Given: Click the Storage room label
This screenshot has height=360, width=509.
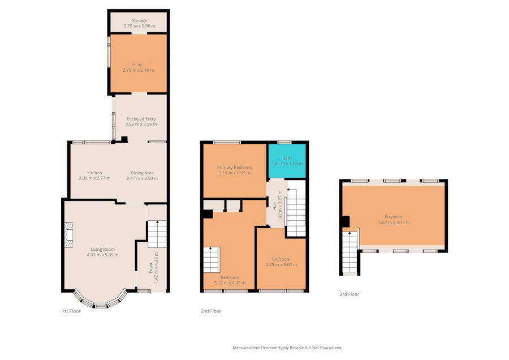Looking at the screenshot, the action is point(139,20).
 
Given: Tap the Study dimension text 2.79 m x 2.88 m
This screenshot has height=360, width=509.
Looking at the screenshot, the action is point(139,70).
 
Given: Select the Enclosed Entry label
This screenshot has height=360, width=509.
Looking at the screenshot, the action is point(141,119).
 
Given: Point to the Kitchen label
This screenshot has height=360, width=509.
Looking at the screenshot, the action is point(94,173).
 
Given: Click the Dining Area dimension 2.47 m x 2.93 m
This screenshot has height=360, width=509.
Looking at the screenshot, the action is point(142,178).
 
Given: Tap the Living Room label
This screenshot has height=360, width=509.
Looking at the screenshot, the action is point(102,250).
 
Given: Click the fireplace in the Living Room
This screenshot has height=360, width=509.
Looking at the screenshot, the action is point(68,235).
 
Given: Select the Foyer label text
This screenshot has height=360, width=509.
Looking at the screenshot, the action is point(150,268).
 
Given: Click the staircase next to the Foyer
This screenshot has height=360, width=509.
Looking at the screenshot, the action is point(157,234).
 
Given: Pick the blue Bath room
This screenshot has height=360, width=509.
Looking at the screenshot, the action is point(287,161).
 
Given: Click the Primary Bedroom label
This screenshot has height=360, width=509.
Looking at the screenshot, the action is point(234,168).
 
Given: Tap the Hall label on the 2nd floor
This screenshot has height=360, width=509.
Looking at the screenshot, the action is point(275,206).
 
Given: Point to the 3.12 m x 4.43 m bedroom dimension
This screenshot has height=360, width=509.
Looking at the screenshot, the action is point(230,283).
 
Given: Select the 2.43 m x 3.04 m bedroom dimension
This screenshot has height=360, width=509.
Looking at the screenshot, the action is point(281,265).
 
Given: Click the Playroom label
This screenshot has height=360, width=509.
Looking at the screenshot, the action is point(393,217).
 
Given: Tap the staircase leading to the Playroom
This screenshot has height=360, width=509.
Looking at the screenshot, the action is point(350,252).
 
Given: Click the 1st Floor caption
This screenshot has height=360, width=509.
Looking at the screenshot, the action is point(71,311).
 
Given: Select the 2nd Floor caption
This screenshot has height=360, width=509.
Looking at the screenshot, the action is point(211,311).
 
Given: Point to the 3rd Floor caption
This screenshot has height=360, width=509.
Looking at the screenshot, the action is point(350,294).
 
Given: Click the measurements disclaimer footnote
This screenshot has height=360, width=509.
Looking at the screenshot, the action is point(287,348).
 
